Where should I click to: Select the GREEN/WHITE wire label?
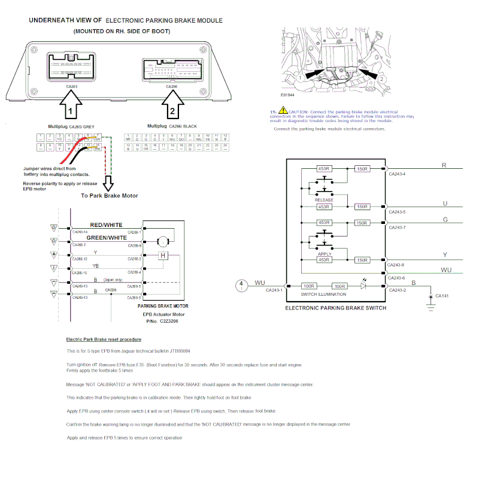[106, 238]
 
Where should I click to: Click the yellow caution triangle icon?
[283, 112]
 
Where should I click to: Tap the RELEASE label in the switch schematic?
[324, 199]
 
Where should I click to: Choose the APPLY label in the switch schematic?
[324, 254]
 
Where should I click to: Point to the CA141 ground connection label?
[443, 296]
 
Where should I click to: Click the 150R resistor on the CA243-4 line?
[362, 169]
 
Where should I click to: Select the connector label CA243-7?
[397, 228]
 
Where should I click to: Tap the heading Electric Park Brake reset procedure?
[104, 339]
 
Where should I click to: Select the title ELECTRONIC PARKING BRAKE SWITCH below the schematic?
[335, 308]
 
